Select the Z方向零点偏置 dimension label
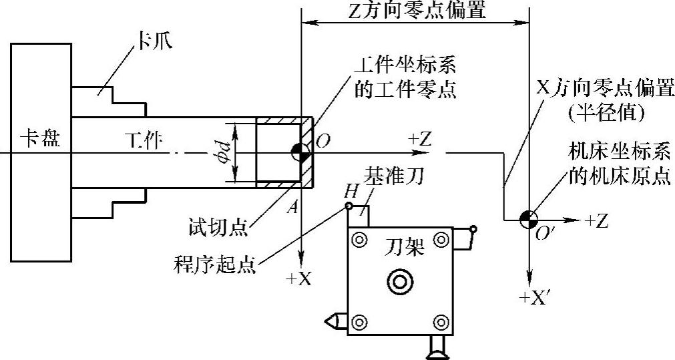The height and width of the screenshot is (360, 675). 417,11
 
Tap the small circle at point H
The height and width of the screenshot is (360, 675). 349,206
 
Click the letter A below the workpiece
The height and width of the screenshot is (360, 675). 292,206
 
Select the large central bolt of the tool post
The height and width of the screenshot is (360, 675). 399,283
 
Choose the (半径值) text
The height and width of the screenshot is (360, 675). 605,114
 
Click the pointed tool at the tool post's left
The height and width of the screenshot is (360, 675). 334,321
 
